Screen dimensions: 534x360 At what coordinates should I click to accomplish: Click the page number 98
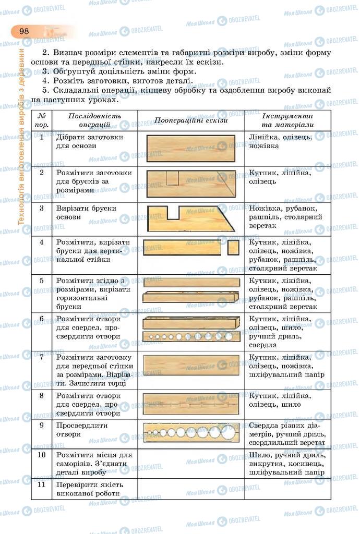click(24, 31)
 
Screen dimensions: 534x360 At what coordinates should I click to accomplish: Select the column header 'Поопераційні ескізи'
click(191, 120)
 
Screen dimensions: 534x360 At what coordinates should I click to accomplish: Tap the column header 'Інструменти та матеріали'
click(287, 120)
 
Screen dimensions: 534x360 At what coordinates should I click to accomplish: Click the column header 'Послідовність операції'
click(95, 120)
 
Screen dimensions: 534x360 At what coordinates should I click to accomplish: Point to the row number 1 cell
click(42, 138)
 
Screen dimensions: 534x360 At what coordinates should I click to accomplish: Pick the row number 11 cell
click(42, 484)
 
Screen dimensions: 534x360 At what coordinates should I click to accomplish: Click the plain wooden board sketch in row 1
click(191, 148)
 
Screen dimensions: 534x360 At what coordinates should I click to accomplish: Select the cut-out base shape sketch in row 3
click(191, 218)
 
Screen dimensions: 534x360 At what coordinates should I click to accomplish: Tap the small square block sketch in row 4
click(233, 247)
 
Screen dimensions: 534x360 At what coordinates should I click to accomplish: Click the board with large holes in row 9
click(191, 432)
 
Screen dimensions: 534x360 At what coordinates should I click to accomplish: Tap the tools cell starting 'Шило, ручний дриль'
click(287, 464)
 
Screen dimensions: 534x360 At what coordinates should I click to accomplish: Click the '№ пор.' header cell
click(42, 120)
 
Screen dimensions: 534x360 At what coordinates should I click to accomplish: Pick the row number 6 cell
click(42, 319)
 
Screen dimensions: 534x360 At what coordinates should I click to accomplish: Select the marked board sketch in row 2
click(191, 184)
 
